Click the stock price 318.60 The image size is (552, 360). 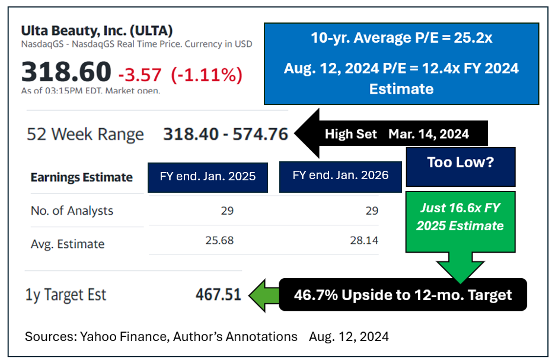click(x=66, y=72)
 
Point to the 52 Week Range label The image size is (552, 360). click(x=85, y=134)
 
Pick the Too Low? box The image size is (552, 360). click(x=460, y=163)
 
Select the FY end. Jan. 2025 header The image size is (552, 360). click(x=208, y=176)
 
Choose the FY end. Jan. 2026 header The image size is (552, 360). click(x=340, y=175)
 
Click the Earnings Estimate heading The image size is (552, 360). click(x=82, y=177)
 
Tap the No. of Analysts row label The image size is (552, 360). click(x=72, y=211)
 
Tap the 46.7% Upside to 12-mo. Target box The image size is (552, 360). click(x=403, y=295)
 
